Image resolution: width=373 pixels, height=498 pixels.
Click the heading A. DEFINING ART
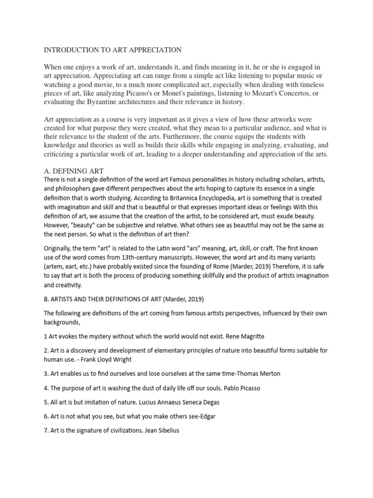click(x=73, y=171)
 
